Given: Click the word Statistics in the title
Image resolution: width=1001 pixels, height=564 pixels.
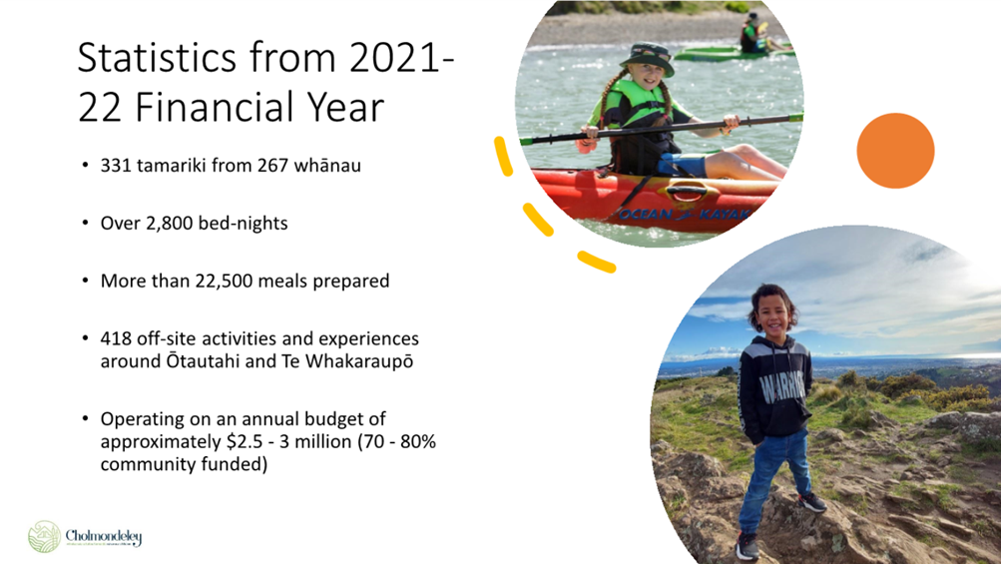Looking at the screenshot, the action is click(157, 57).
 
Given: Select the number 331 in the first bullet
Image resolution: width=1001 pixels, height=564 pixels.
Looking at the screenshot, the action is click(116, 166).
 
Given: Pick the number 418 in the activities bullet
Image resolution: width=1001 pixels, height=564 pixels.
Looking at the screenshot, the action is click(116, 338).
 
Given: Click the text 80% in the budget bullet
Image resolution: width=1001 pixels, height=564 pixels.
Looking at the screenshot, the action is click(418, 441).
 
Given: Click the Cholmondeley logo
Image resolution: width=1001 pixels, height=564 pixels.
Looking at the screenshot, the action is click(85, 536).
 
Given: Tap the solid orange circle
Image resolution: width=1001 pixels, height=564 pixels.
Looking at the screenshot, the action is click(895, 151).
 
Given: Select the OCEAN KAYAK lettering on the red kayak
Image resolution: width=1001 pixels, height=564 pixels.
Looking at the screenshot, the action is click(683, 214).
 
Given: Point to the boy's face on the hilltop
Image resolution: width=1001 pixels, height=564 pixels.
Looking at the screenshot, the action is click(773, 317).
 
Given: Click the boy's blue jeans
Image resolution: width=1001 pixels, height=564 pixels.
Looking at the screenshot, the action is click(774, 477).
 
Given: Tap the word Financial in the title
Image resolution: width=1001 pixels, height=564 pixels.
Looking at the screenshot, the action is click(231, 107).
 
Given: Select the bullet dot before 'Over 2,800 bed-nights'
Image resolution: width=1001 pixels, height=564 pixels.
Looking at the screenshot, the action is click(85, 224).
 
